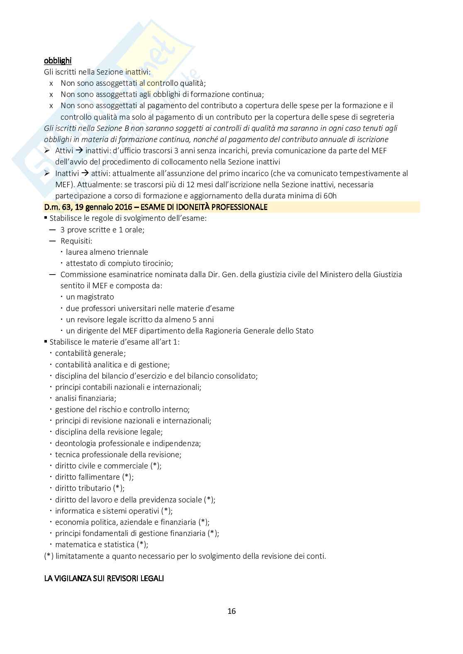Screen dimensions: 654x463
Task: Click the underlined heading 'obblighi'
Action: pos(58,60)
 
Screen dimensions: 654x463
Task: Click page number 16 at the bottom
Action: pos(231,611)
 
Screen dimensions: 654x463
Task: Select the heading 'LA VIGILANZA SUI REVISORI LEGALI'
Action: pos(104,578)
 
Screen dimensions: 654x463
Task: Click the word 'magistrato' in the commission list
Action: pos(95,297)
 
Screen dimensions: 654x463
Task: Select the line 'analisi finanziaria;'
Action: pos(85,398)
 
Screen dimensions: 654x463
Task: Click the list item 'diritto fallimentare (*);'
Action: pos(94,477)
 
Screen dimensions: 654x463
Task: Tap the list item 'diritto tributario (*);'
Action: pos(90,488)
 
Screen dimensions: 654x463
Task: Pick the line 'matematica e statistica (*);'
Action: pos(101,544)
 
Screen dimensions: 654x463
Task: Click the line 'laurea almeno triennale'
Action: pos(107,252)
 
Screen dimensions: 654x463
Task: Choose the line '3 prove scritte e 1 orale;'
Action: pos(102,229)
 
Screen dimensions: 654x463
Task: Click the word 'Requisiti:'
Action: pos(76,241)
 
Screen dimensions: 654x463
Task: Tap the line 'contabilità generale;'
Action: pos(90,353)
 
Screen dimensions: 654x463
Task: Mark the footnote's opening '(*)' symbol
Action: pos(49,556)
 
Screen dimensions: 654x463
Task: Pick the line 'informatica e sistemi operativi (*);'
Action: pos(114,511)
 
